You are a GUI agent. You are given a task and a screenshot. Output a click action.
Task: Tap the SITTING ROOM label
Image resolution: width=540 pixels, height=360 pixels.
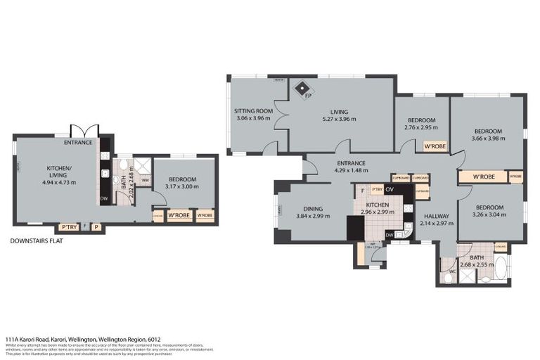click(x=253, y=111)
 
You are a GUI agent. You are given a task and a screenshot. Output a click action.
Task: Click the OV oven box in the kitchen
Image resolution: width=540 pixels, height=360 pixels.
click(x=389, y=189)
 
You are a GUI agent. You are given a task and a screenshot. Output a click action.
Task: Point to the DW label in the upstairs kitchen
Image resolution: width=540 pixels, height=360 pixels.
click(x=389, y=235)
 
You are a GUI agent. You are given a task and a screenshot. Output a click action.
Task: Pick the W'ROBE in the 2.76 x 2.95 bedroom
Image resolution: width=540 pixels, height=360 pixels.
click(x=435, y=147)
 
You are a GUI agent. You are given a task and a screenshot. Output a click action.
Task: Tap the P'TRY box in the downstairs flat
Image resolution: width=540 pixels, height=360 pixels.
click(x=69, y=226)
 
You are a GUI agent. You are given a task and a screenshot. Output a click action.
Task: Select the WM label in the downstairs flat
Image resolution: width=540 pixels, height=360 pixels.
click(x=145, y=181)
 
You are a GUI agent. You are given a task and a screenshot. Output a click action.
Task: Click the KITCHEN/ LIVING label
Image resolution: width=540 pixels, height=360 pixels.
click(x=57, y=172)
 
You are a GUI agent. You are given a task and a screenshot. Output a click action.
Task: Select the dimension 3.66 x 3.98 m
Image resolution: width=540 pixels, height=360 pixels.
click(x=487, y=139)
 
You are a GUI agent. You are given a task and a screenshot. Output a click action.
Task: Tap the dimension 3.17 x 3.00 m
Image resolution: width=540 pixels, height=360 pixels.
click(x=183, y=186)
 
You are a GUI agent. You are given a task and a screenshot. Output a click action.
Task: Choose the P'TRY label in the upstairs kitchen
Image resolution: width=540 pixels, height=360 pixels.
click(x=378, y=189)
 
